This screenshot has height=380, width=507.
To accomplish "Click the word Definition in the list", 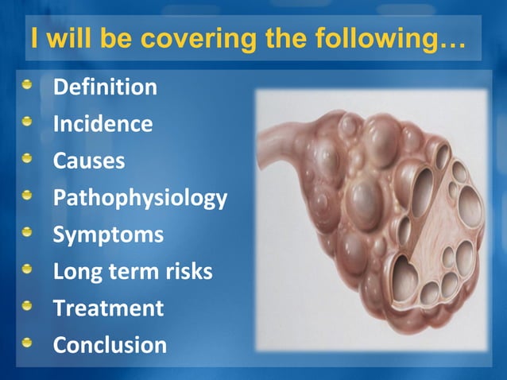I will click(x=105, y=87).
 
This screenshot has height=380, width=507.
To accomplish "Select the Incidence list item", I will click(x=103, y=124).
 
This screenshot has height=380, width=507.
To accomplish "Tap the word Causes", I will click(x=89, y=161).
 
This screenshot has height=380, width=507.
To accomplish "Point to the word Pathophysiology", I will click(x=140, y=198).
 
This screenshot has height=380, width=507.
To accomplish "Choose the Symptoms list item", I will click(x=108, y=235).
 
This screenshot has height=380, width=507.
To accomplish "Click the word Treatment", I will click(x=108, y=308).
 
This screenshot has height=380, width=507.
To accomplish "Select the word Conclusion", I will click(x=110, y=345).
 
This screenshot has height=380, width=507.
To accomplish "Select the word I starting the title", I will click(x=33, y=37).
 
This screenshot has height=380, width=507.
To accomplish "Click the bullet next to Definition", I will click(x=29, y=85).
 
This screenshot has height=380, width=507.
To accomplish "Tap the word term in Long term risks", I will click(x=130, y=272).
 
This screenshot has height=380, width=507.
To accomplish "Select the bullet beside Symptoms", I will click(x=29, y=232).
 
